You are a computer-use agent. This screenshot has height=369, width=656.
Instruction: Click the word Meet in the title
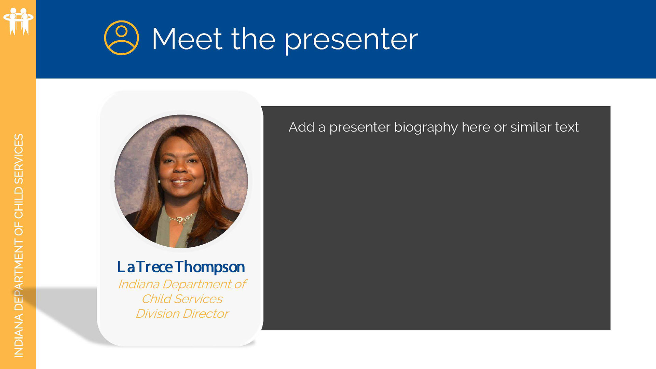[x=187, y=39]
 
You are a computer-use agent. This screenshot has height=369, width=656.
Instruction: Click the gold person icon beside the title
[x=121, y=38]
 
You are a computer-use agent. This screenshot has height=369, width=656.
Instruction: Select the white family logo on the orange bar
[x=18, y=21]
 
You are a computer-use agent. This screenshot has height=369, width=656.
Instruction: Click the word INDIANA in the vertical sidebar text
[x=19, y=336]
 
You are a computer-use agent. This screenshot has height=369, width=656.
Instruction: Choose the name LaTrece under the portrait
[x=145, y=267]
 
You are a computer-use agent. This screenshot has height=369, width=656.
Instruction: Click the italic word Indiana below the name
[x=139, y=284]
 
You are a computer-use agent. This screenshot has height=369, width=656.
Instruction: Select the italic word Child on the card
[x=156, y=299]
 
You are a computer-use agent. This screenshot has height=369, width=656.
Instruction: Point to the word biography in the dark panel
[x=426, y=128]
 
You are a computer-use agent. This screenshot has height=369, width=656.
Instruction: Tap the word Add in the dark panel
[x=301, y=127]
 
